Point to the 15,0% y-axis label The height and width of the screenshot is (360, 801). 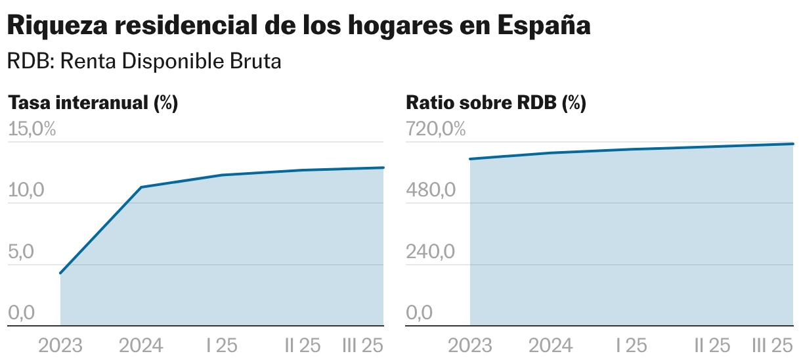[32, 129]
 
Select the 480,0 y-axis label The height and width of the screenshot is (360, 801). [431, 191]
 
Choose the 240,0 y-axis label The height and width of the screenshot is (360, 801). [430, 252]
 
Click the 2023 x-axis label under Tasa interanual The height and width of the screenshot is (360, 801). [60, 345]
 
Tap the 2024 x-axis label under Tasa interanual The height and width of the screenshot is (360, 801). [141, 345]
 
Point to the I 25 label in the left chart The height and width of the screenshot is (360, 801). [222, 345]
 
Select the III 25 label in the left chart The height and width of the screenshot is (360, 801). [363, 345]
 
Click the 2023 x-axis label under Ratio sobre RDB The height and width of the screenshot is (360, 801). [470, 345]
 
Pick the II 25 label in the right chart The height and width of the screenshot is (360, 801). [712, 345]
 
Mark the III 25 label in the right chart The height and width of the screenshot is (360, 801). [773, 345]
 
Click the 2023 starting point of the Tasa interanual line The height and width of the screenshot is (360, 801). [60, 273]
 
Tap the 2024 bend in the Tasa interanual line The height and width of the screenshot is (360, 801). [141, 187]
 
